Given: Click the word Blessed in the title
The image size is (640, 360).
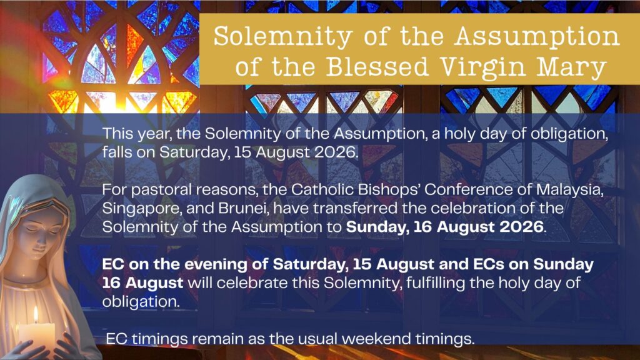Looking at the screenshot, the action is [x=377, y=66].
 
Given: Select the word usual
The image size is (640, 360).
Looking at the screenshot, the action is [x=317, y=338].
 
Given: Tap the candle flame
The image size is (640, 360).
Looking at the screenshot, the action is [x=36, y=315].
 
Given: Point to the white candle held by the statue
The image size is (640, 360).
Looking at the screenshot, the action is [x=37, y=336].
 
